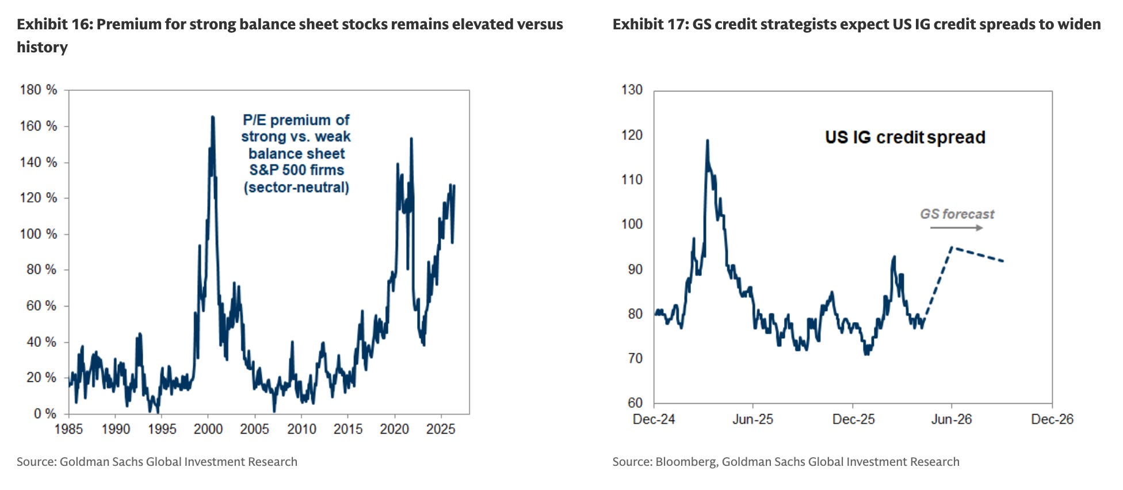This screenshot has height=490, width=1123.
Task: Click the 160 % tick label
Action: tap(39, 126)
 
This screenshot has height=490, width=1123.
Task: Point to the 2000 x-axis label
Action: tap(208, 429)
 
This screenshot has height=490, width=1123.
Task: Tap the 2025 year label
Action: tap(441, 429)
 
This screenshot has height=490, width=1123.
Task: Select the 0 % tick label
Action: tap(45, 414)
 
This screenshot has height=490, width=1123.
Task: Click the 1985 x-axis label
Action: tap(68, 429)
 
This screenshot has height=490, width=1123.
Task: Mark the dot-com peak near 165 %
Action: tap(212, 117)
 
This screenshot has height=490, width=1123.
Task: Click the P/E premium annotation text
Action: tap(296, 154)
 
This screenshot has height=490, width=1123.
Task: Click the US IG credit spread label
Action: tap(905, 137)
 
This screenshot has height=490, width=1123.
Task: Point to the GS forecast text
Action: tap(957, 214)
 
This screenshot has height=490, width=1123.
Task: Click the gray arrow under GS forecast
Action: tap(957, 228)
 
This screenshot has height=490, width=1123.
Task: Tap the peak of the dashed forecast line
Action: tap(952, 247)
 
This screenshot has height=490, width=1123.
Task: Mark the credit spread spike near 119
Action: tap(707, 140)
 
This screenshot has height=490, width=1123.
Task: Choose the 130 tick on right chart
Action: tap(632, 90)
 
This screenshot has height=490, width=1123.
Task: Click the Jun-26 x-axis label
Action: tap(952, 419)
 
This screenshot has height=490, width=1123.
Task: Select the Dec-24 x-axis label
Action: tap(654, 419)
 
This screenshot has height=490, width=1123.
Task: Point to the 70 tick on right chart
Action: tap(635, 358)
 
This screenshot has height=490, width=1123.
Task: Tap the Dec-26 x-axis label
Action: tap(1052, 419)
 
